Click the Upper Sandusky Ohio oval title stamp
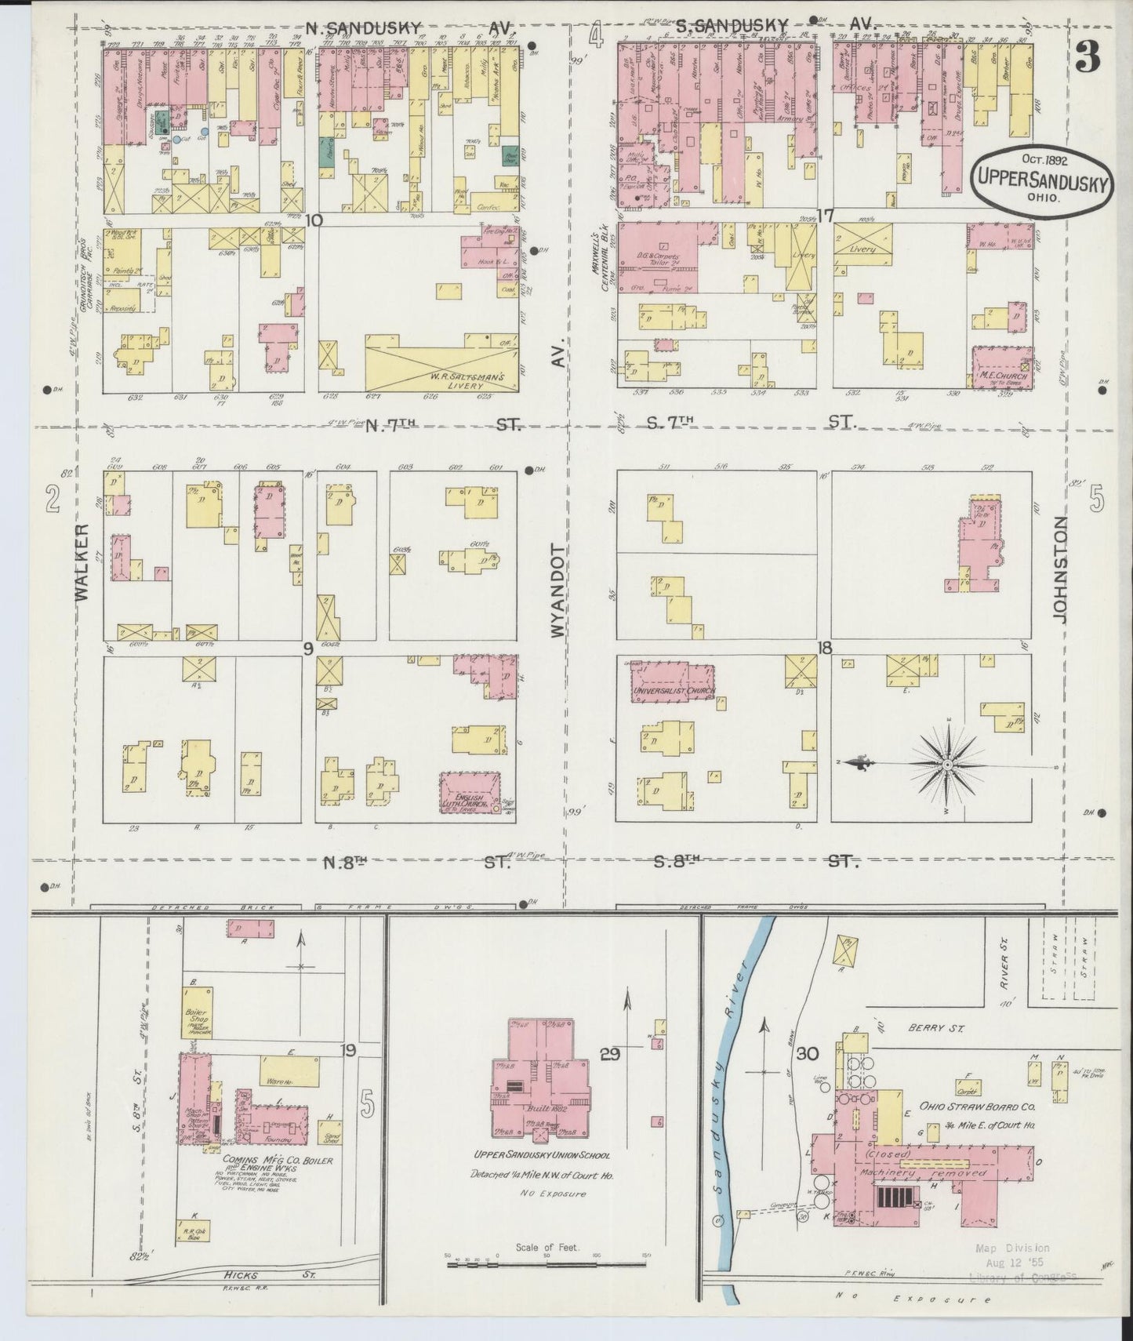(1041, 180)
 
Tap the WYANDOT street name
(557, 590)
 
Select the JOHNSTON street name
(1060, 569)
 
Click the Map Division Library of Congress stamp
(1023, 1261)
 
